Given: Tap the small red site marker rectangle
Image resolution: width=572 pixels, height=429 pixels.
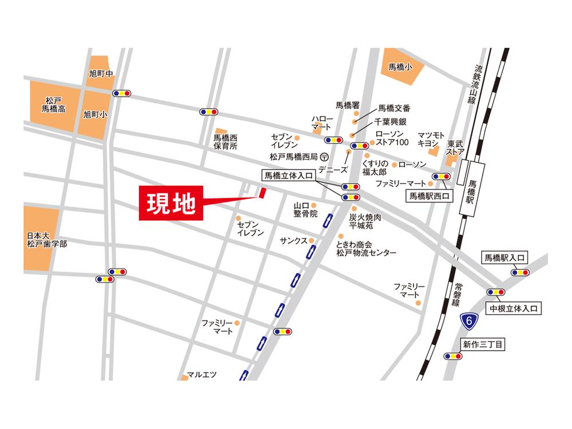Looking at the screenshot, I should pyautogui.click(x=263, y=193).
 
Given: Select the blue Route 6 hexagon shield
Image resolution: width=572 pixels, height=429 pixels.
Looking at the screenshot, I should pyautogui.click(x=468, y=321).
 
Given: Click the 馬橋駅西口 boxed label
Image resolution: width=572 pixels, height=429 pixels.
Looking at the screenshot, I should pyautogui.click(x=428, y=196).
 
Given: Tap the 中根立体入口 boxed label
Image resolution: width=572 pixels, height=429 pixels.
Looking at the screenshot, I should pyautogui.click(x=513, y=308).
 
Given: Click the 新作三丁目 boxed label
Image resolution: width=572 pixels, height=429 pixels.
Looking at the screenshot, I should pyautogui.click(x=483, y=344).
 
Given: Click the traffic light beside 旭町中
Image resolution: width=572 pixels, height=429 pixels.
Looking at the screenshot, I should pyautogui.click(x=122, y=93).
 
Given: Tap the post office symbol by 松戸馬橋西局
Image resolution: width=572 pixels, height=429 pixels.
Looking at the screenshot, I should pyautogui.click(x=324, y=156).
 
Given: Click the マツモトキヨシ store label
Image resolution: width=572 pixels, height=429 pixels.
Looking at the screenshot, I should pyautogui.click(x=428, y=137).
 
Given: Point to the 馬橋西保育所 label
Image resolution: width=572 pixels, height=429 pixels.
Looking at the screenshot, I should pyautogui.click(x=225, y=142).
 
